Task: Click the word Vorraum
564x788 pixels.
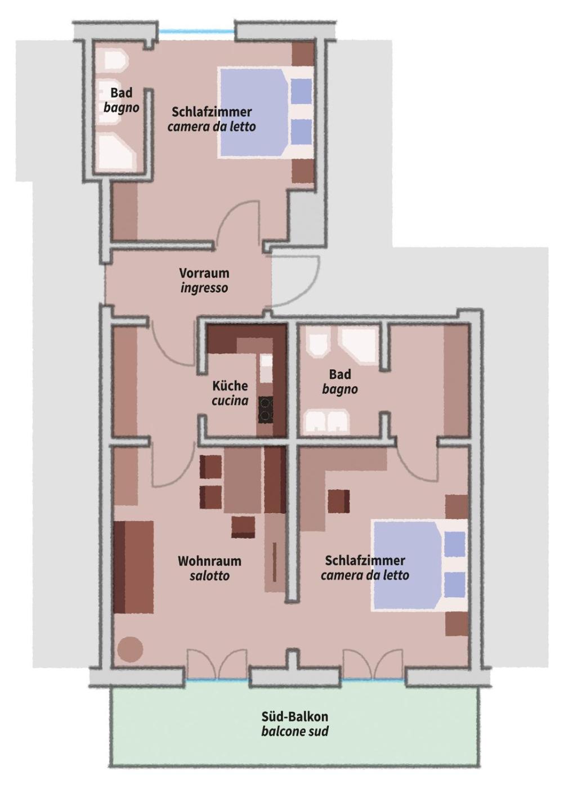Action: click(x=204, y=273)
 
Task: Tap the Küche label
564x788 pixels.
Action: click(x=230, y=386)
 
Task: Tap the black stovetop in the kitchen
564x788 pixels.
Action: click(x=266, y=410)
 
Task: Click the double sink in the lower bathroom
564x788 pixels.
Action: click(x=326, y=421)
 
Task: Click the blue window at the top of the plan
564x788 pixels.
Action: click(x=196, y=32)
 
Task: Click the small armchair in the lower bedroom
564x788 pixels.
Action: click(x=338, y=502)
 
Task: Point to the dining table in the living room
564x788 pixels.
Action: click(x=243, y=480)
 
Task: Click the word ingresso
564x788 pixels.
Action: click(x=204, y=288)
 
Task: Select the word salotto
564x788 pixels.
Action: click(x=209, y=576)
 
